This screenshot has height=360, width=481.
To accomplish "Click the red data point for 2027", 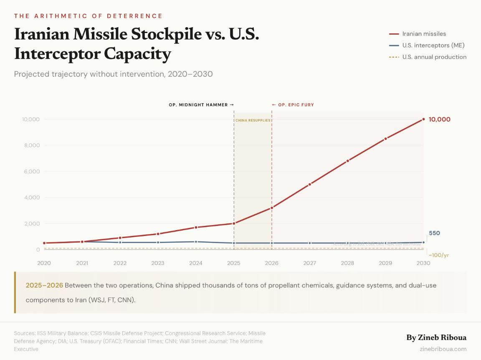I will pyautogui.click(x=309, y=184).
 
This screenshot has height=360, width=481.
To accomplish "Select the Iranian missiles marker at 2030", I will pyautogui.click(x=423, y=119).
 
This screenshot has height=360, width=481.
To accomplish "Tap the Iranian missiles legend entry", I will pyautogui.click(x=423, y=34).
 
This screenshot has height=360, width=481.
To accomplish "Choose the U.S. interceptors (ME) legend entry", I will pyautogui.click(x=433, y=45).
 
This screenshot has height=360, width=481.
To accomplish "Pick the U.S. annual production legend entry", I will pyautogui.click(x=434, y=57).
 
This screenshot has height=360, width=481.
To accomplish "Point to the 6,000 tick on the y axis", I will pyautogui.click(x=31, y=171).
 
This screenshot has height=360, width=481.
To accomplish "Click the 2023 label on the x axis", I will pyautogui.click(x=158, y=263).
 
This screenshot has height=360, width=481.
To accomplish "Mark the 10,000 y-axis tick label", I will pyautogui.click(x=30, y=119).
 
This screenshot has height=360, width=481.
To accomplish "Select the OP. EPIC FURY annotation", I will pyautogui.click(x=293, y=105).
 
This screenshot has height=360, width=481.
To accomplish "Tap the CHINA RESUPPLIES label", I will pyautogui.click(x=253, y=120).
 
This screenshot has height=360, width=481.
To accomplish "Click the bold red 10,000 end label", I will pyautogui.click(x=439, y=119).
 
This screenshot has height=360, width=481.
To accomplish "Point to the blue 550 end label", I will pyautogui.click(x=434, y=233).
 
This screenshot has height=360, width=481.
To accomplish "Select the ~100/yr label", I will pyautogui.click(x=438, y=255).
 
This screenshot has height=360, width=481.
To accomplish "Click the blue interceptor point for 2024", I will pyautogui.click(x=196, y=242).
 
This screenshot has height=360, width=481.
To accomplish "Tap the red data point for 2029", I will pyautogui.click(x=385, y=139).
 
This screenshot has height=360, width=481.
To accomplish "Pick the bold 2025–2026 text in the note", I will pyautogui.click(x=44, y=285).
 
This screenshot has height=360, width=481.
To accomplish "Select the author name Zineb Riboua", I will pyautogui.click(x=436, y=337).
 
